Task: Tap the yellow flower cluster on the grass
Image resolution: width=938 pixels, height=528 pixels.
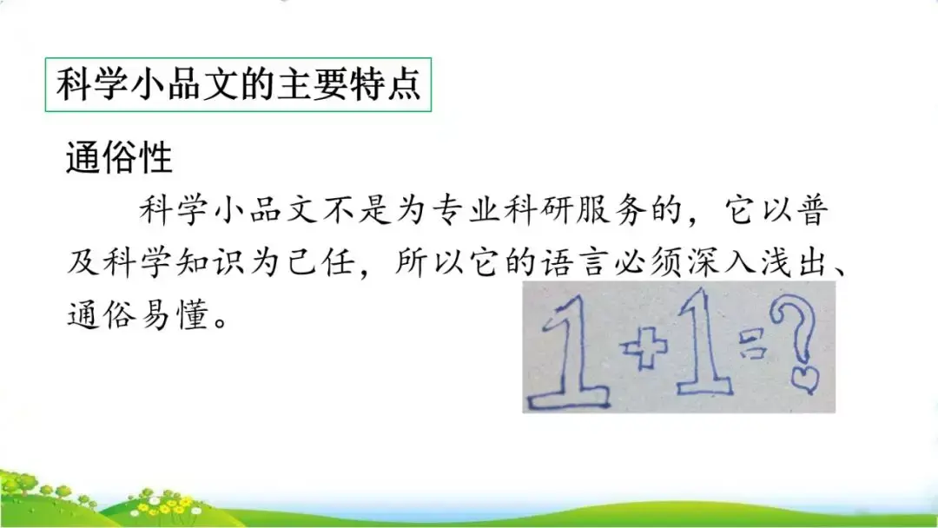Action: pyautogui.click(x=174, y=503)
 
